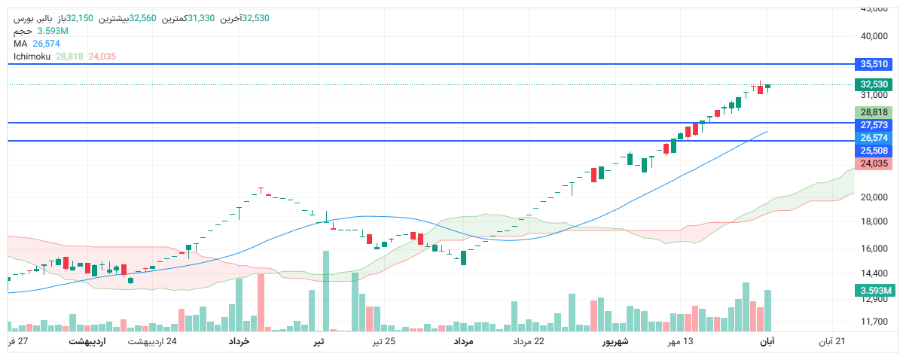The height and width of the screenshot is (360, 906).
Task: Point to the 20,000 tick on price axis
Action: pos(874,197)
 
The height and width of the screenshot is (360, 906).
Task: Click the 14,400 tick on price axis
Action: pos(874,274)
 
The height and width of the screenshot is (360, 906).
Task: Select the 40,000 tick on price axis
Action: pos(874,36)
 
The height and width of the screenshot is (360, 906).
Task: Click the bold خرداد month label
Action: pos(239,342)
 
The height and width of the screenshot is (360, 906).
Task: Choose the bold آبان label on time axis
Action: pos(767,342)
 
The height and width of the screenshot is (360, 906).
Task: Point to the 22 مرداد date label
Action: pos(529,342)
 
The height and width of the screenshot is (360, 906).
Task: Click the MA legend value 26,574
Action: pos(47,44)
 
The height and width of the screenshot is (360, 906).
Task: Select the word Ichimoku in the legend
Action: pos(32,56)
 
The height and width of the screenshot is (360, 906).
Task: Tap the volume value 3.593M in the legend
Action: pos(53,31)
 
